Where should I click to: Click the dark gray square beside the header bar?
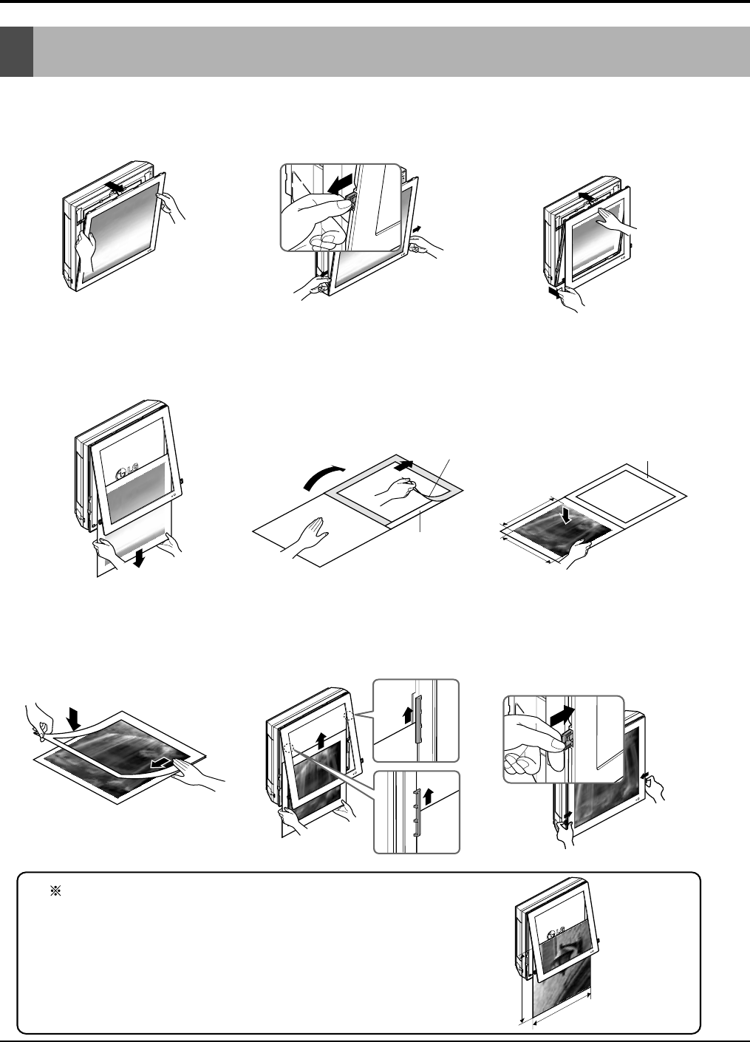coord(17,52)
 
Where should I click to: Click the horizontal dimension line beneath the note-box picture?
coord(562,1016)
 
